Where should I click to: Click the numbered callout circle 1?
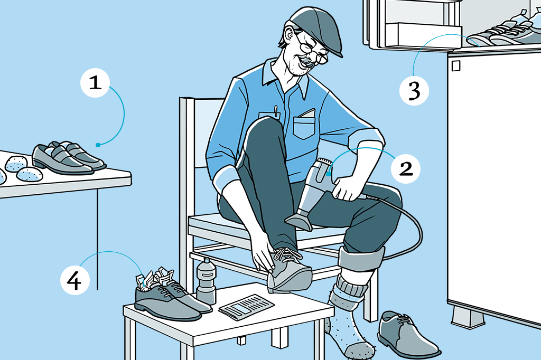click(95, 83)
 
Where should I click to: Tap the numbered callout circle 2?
click(406, 168)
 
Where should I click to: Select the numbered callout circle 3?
click(414, 91)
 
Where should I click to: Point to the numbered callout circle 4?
click(75, 280)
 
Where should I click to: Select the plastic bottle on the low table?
click(206, 281)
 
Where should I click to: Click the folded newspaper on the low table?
click(246, 306)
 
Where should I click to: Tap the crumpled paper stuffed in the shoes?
click(155, 277)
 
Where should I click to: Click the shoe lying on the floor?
click(407, 334)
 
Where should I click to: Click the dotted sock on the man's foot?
click(347, 321)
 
